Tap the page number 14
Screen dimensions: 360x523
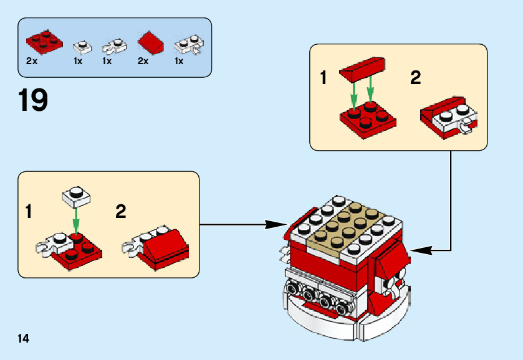pos(24,338)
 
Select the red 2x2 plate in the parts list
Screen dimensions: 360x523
pos(44,42)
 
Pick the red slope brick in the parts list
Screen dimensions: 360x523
pos(150,43)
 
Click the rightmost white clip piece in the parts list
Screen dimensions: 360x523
pos(188,45)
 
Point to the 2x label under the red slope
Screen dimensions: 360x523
pos(143,61)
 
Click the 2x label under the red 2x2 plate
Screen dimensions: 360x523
pos(32,61)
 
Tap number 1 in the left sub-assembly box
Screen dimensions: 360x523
pos(29,211)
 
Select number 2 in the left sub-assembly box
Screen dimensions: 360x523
pos(121,211)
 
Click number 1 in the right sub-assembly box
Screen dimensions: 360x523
pos(323,78)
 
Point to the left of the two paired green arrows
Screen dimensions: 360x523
pos(354,95)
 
